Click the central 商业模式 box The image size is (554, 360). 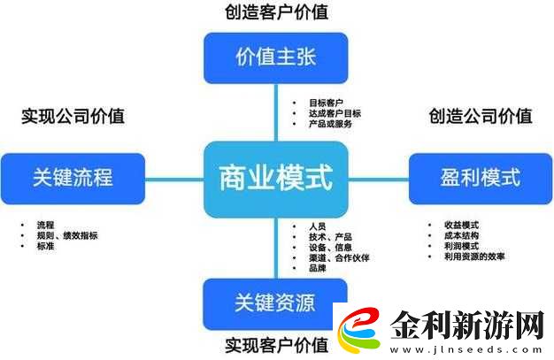click(276, 178)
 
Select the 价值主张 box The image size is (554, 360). click(276, 58)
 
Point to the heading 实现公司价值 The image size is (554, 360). click(73, 116)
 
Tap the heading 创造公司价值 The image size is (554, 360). click(480, 116)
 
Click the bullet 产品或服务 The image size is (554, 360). click(330, 124)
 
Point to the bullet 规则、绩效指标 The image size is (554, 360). click(67, 235)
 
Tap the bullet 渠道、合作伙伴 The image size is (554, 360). click(339, 257)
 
